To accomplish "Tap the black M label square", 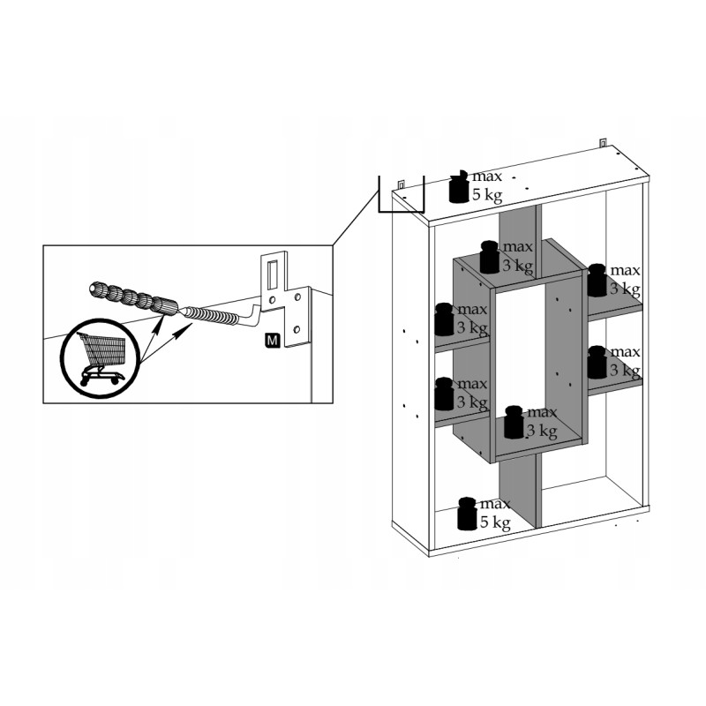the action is pos(273,341).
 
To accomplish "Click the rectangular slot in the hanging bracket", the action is pos(273,274).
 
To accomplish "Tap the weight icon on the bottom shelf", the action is pos(468,514).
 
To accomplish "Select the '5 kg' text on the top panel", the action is pos(487,195).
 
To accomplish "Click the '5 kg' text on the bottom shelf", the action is pos(495,522).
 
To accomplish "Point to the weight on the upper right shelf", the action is pos(597,280).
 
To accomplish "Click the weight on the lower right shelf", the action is pos(597,362).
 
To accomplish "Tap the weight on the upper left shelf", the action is pos(445,319).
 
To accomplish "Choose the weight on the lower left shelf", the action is pos(445,394).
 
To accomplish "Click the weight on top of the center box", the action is pos(490,257).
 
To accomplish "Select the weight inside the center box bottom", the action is pos(514,422).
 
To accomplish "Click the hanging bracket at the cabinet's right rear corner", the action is pos(603,143).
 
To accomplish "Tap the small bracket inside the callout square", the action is pos(402,184).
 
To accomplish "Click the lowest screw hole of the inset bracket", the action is pos(297,330).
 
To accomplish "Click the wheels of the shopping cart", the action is pos(101,379).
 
